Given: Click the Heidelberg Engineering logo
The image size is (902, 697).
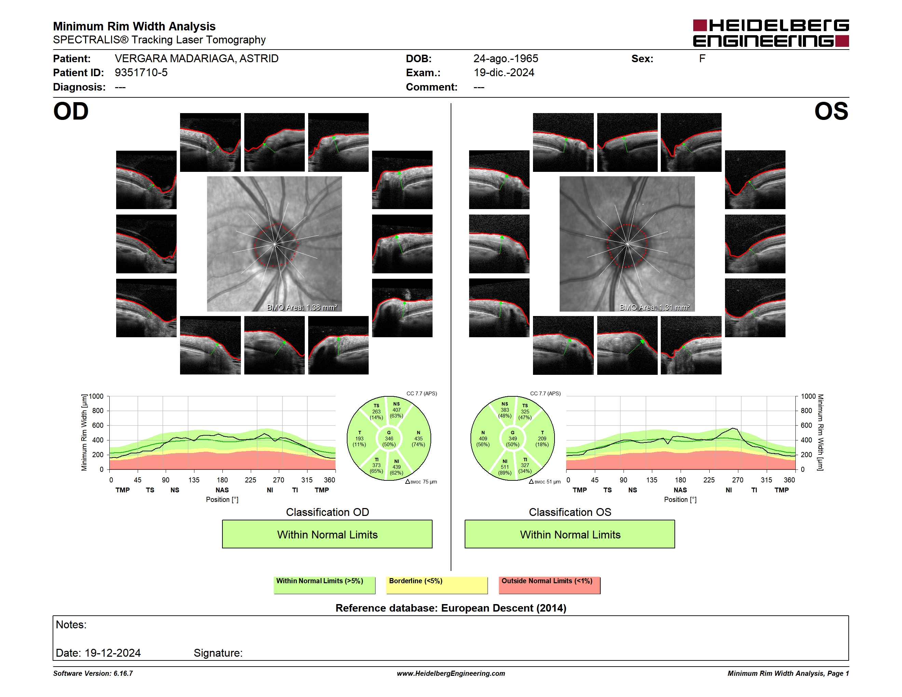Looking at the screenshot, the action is [x=771, y=33].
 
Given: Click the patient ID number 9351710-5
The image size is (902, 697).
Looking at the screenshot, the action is [x=141, y=73].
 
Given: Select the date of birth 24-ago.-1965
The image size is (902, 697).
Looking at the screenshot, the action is [x=506, y=59].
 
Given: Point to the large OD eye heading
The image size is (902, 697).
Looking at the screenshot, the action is [x=71, y=111].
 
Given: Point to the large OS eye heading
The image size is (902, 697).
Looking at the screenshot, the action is [x=831, y=111].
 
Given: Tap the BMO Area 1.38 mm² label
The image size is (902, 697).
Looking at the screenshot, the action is [x=302, y=307].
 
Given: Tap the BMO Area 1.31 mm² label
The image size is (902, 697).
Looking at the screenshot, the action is [x=655, y=307].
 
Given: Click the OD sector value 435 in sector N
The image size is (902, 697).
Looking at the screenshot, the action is [x=419, y=438].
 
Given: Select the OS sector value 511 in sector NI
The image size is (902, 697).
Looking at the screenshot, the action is [x=505, y=467].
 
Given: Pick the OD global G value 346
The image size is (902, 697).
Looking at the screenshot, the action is [x=389, y=438].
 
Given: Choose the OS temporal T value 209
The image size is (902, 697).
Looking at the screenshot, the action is [x=542, y=438].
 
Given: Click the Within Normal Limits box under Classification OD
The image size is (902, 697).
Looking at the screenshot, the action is [x=327, y=534].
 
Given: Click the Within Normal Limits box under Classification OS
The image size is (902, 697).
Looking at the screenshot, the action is [x=570, y=534].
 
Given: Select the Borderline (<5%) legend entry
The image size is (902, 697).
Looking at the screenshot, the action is [x=437, y=585].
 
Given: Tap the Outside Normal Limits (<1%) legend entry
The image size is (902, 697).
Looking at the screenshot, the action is [x=550, y=585].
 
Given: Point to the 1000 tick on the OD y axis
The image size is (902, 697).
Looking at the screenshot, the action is [x=96, y=396].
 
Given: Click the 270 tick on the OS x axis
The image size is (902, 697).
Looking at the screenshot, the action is [x=738, y=480].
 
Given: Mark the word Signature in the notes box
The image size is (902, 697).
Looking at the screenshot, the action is [x=218, y=653].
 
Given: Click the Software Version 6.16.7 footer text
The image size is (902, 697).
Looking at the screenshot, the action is [x=93, y=673].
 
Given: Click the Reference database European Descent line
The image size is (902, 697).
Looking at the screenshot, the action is [x=451, y=608].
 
